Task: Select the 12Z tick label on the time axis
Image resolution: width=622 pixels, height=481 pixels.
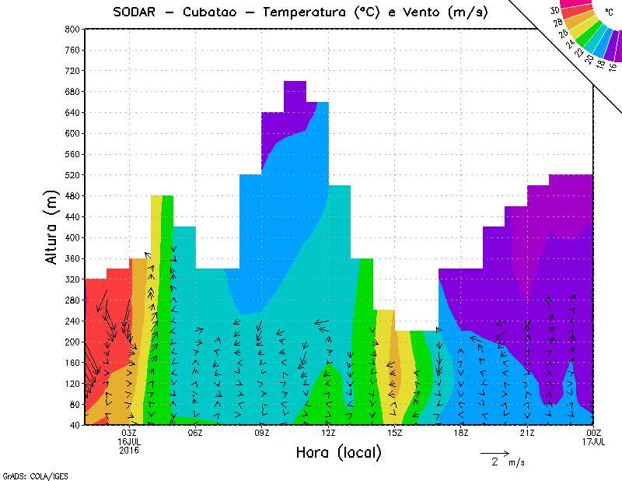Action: tap(329, 433)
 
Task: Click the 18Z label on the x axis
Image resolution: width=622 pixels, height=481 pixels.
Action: tap(461, 433)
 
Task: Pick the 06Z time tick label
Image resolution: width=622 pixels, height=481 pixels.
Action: tap(196, 433)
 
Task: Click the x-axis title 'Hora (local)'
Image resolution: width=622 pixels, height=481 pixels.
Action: tap(338, 452)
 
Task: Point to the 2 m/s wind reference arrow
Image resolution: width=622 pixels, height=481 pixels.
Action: tap(494, 452)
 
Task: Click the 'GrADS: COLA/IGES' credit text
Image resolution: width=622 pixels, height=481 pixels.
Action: tap(29, 475)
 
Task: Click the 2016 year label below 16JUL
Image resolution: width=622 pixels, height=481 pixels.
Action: tap(130, 450)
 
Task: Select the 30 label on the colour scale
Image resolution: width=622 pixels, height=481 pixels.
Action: tap(555, 11)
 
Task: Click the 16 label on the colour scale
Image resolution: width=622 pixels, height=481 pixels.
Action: tap(613, 66)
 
